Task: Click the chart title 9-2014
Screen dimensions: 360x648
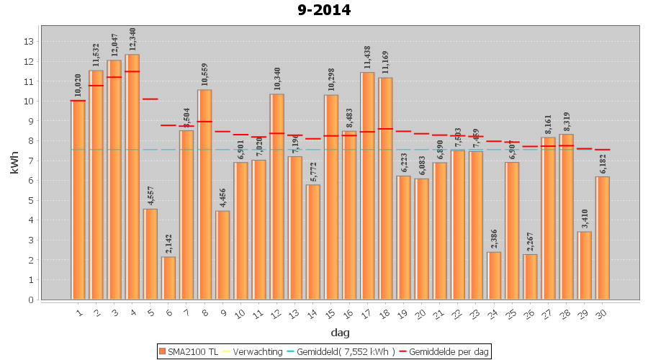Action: (323, 10)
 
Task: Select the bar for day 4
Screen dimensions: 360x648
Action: (132, 176)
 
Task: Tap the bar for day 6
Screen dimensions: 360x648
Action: (168, 278)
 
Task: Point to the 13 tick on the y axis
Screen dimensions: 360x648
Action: (29, 41)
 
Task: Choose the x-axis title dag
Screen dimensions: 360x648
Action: (340, 332)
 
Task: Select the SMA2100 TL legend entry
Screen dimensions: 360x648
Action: (189, 351)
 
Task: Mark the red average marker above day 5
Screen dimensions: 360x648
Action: (150, 99)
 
